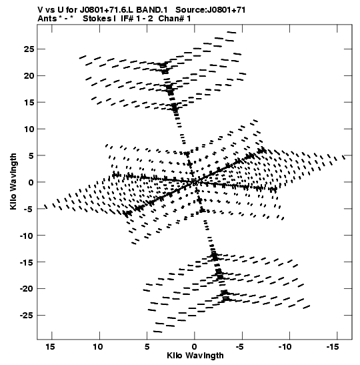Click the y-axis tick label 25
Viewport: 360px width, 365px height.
pos(29,49)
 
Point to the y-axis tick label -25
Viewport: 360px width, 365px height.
pos(27,316)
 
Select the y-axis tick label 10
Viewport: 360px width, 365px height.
pos(29,129)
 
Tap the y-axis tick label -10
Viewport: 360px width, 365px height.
pos(27,236)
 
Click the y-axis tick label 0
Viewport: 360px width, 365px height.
pos(31,182)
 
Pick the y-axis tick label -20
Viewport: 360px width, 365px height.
pos(27,289)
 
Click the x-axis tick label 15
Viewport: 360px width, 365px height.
pos(50,347)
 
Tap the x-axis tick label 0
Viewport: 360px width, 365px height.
pos(194,347)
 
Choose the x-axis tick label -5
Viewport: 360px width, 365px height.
pos(240,347)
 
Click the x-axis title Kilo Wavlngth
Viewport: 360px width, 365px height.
pos(195,356)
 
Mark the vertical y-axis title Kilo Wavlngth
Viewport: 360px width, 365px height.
pos(13,181)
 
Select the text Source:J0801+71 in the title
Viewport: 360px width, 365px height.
pos(211,10)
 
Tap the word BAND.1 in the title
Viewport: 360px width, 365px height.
pos(151,10)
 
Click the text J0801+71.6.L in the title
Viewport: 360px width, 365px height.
pos(107,10)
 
